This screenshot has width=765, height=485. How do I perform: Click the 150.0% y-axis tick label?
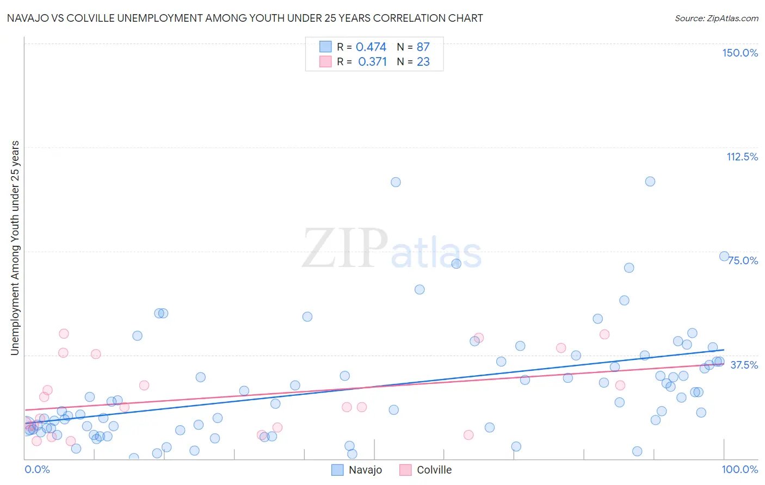pyautogui.click(x=740, y=53)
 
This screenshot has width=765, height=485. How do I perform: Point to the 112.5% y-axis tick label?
pyautogui.click(x=742, y=157)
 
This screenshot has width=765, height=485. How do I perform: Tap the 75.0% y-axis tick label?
pyautogui.click(x=743, y=260)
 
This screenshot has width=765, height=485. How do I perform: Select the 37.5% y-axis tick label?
pyautogui.click(x=744, y=365)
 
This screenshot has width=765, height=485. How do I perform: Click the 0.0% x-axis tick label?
pyautogui.click(x=38, y=469)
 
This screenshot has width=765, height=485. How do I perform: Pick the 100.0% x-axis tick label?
pyautogui.click(x=740, y=469)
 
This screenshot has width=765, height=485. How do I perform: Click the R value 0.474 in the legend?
pyautogui.click(x=371, y=47)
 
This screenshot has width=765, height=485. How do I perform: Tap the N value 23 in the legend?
pyautogui.click(x=423, y=62)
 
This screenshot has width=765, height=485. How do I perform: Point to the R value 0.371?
pyautogui.click(x=372, y=62)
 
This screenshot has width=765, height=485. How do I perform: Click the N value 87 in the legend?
pyautogui.click(x=423, y=47)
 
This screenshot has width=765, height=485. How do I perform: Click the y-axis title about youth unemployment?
pyautogui.click(x=15, y=248)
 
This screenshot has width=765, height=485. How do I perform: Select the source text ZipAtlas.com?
pyautogui.click(x=717, y=18)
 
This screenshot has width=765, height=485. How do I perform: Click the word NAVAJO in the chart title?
pyautogui.click(x=27, y=18)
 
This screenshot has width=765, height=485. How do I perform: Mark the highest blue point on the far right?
pyautogui.click(x=724, y=256)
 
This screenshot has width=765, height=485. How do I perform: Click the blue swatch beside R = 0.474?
pyautogui.click(x=325, y=47)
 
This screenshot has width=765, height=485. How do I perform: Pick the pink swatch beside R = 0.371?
pyautogui.click(x=325, y=61)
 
